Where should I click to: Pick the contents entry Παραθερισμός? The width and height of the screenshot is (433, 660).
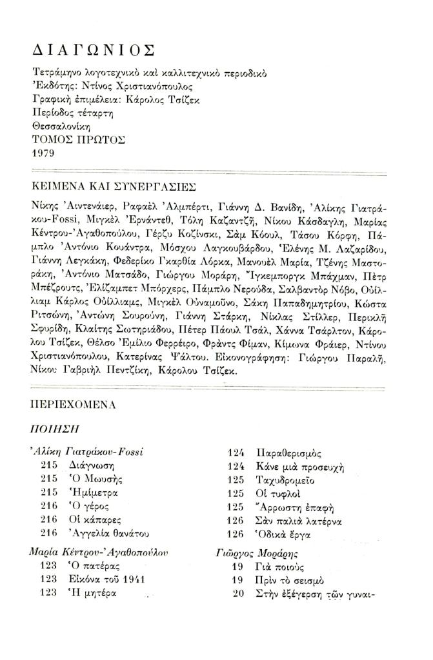click(288, 452)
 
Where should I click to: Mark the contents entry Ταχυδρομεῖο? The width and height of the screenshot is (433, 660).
click(287, 480)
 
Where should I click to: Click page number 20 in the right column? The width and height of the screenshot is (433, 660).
click(237, 594)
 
